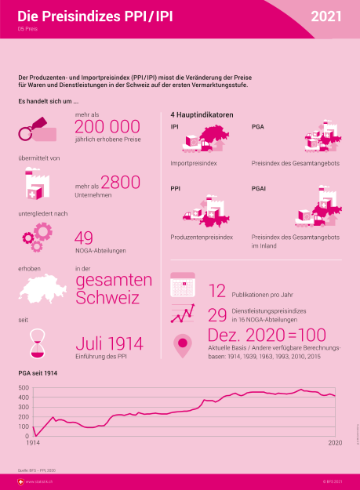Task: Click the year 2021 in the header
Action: coord(326,16)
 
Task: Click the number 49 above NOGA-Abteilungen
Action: coord(85,238)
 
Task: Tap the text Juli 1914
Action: coord(109,344)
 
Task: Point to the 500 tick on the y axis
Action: coord(22,397)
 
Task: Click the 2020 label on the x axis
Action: coord(334,444)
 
